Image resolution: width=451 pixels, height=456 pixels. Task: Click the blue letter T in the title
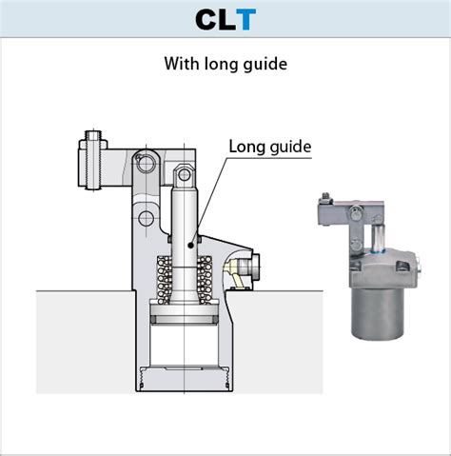click(245, 19)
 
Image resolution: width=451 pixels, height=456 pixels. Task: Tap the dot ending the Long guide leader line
click(190, 245)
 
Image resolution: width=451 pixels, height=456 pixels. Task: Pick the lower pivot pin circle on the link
click(145, 220)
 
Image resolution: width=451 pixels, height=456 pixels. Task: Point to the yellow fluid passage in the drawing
click(231, 276)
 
